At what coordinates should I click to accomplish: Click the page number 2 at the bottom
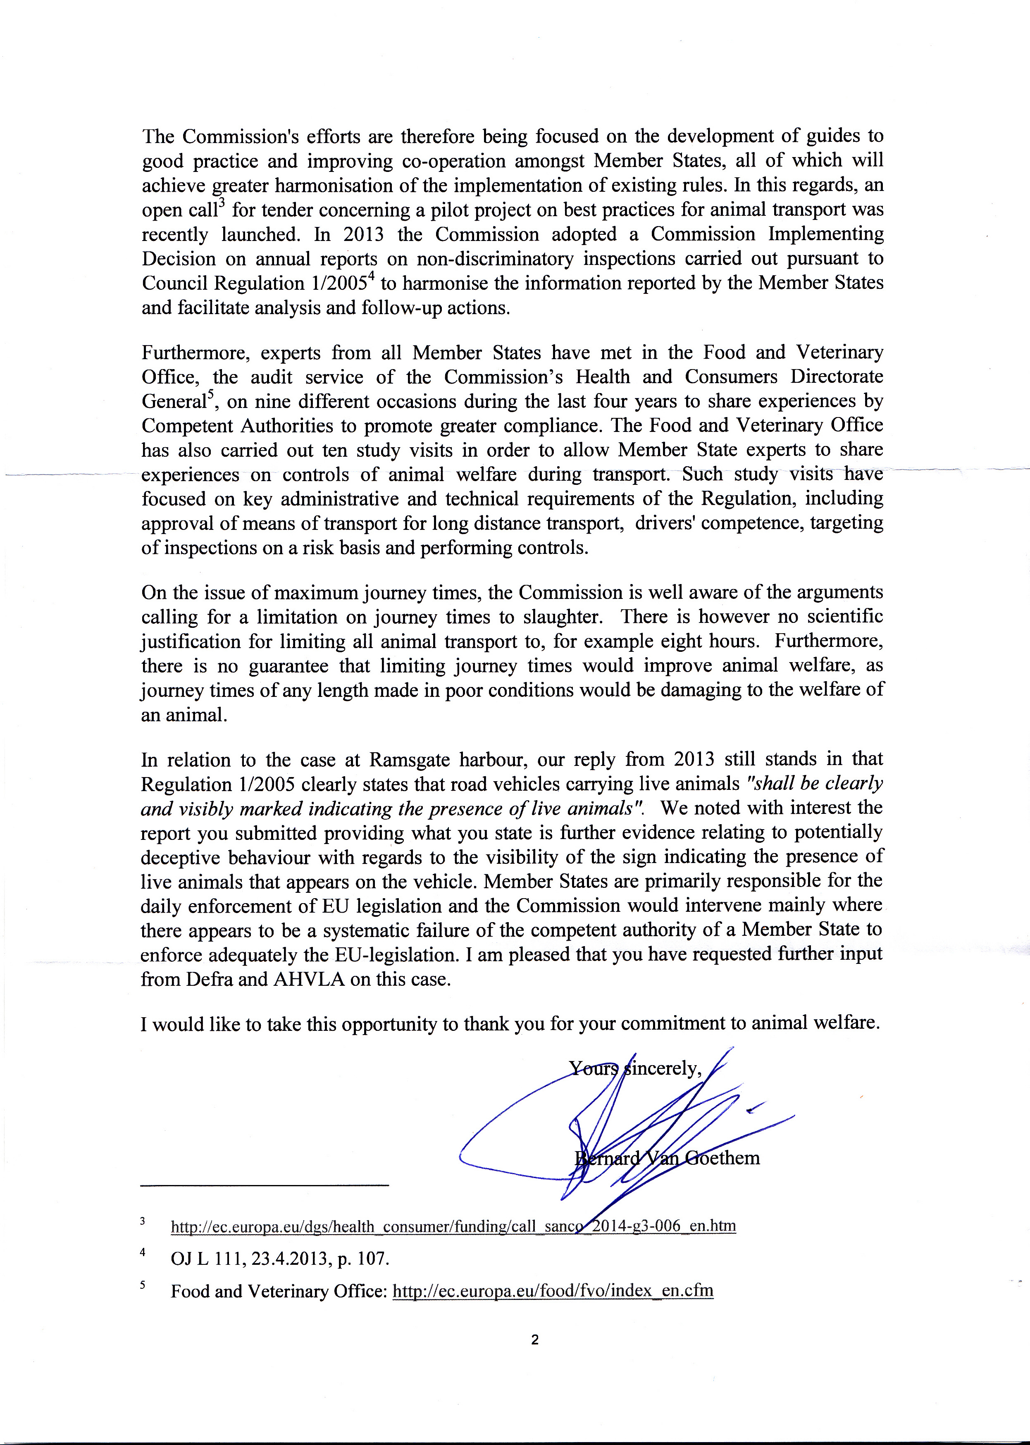tap(535, 1340)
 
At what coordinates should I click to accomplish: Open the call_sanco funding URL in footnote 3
tap(453, 1226)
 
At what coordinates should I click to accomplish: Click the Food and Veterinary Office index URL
tap(553, 1291)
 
